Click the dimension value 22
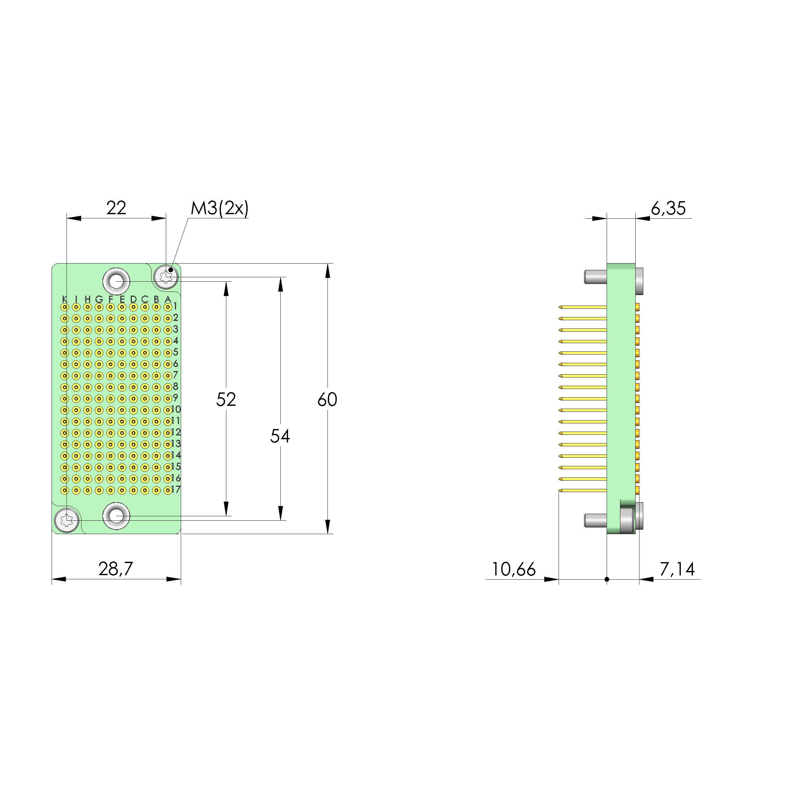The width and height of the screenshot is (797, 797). click(116, 208)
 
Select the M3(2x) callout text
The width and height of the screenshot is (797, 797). click(220, 208)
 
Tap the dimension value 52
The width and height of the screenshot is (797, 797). click(226, 399)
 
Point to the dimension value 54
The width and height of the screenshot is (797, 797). click(280, 436)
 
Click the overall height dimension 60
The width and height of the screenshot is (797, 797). click(327, 399)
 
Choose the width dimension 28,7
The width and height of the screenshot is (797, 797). click(116, 569)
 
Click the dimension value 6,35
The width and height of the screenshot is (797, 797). click(668, 208)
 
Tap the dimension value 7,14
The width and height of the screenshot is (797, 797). click(677, 569)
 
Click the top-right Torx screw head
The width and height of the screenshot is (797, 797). click(166, 276)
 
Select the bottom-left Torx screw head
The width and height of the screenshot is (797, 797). click(67, 520)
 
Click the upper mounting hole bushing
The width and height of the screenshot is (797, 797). click(116, 281)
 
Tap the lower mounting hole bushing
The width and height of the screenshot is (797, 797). click(116, 516)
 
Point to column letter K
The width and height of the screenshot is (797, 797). click(64, 299)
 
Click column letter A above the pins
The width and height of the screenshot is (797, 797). click(167, 299)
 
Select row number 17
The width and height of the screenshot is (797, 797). click(176, 490)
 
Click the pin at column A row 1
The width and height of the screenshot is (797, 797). click(167, 307)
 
